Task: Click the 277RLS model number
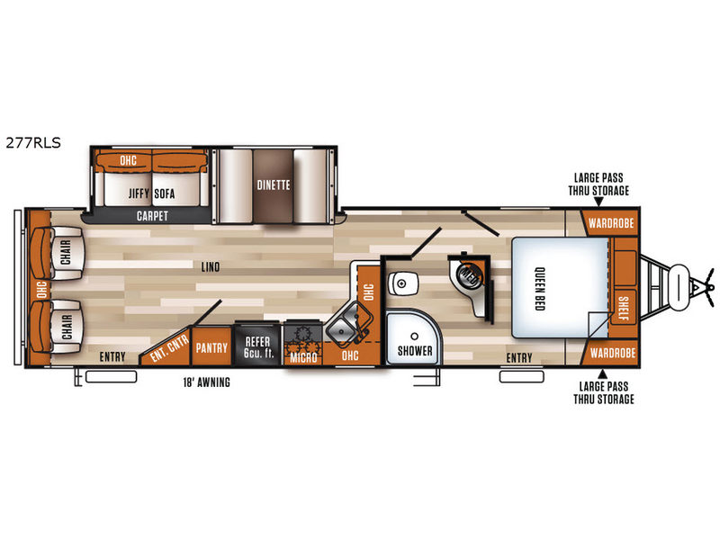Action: (x=33, y=143)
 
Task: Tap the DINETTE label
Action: (x=274, y=185)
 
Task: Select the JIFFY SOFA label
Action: (x=151, y=193)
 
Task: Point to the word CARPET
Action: (x=152, y=216)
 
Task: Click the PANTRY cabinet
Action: (x=211, y=346)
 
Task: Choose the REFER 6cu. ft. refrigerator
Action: (x=257, y=345)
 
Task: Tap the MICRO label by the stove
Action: (x=303, y=357)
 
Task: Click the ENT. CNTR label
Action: (x=169, y=347)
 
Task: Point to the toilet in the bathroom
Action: (x=402, y=283)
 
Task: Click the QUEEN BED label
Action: (x=540, y=289)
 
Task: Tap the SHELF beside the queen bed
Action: (x=623, y=309)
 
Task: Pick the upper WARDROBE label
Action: (x=611, y=223)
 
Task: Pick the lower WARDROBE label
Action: (x=613, y=353)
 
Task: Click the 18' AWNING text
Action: (x=207, y=382)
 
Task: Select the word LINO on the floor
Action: (x=211, y=266)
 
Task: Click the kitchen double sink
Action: (x=349, y=325)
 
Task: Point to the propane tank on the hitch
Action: (x=679, y=284)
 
